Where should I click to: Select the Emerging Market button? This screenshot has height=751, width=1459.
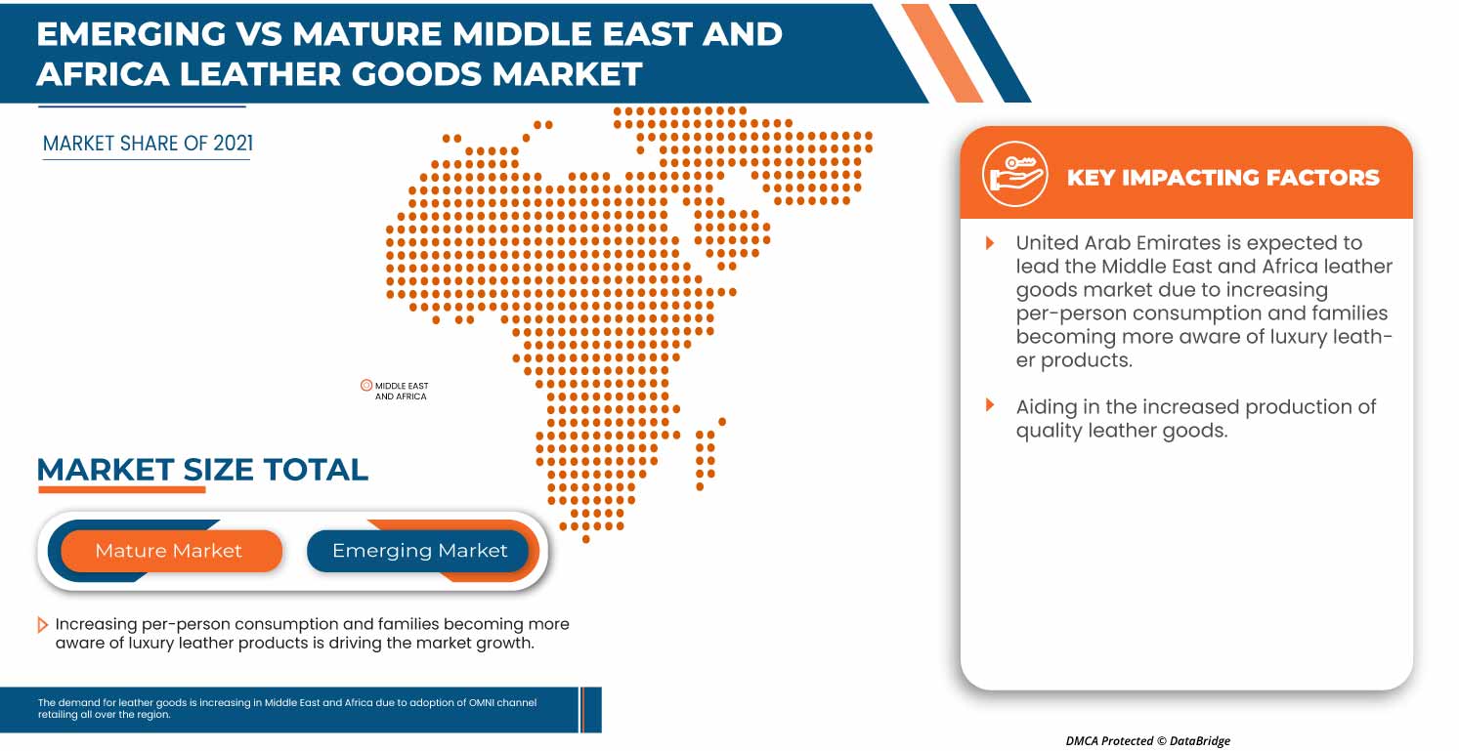pyautogui.click(x=418, y=551)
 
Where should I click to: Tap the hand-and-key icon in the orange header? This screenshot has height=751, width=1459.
pyautogui.click(x=1014, y=174)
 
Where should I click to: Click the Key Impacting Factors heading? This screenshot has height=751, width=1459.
pyautogui.click(x=1223, y=177)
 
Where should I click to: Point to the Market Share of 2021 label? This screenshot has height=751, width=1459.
pyautogui.click(x=148, y=144)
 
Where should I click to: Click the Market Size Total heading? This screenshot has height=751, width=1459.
pyautogui.click(x=202, y=469)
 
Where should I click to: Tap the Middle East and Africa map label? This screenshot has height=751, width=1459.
pyautogui.click(x=402, y=391)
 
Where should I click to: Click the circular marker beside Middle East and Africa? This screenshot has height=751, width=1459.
pyautogui.click(x=366, y=385)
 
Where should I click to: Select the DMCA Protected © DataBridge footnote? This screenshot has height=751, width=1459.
pyautogui.click(x=1147, y=740)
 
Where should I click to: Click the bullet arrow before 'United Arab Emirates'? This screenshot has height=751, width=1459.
pyautogui.click(x=990, y=243)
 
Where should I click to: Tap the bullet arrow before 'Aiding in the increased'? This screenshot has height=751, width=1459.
pyautogui.click(x=990, y=404)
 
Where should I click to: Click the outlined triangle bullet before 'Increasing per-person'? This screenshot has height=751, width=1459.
pyautogui.click(x=42, y=625)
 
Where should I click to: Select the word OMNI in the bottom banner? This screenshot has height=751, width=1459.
pyautogui.click(x=481, y=702)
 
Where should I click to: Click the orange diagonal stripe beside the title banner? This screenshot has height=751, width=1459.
pyautogui.click(x=942, y=53)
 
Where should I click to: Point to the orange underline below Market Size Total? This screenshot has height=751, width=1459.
pyautogui.click(x=122, y=489)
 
